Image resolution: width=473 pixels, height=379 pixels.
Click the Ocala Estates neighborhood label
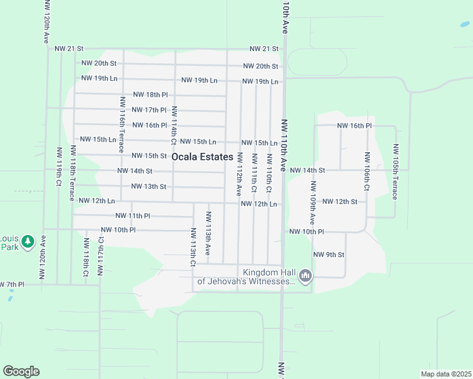[202, 157]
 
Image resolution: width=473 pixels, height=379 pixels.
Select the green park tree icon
[27, 241]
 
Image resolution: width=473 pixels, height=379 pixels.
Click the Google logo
[21, 371]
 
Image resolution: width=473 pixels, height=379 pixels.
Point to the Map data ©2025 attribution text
[446, 374]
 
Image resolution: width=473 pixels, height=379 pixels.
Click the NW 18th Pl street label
[150, 94]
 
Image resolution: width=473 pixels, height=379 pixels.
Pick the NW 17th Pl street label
[149, 110]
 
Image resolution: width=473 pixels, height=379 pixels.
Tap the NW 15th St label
[149, 155]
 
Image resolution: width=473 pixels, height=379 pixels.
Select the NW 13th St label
[149, 186]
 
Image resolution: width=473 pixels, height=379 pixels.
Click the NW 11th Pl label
[133, 215]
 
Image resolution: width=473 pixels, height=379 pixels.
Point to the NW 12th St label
[340, 202]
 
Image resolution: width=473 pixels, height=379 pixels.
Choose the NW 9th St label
[329, 255]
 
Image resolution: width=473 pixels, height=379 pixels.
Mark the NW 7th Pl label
[12, 284]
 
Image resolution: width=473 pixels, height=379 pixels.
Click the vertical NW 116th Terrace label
[121, 125]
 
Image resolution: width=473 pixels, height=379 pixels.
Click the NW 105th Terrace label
[396, 172]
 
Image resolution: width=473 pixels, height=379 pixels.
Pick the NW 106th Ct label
[366, 171]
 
